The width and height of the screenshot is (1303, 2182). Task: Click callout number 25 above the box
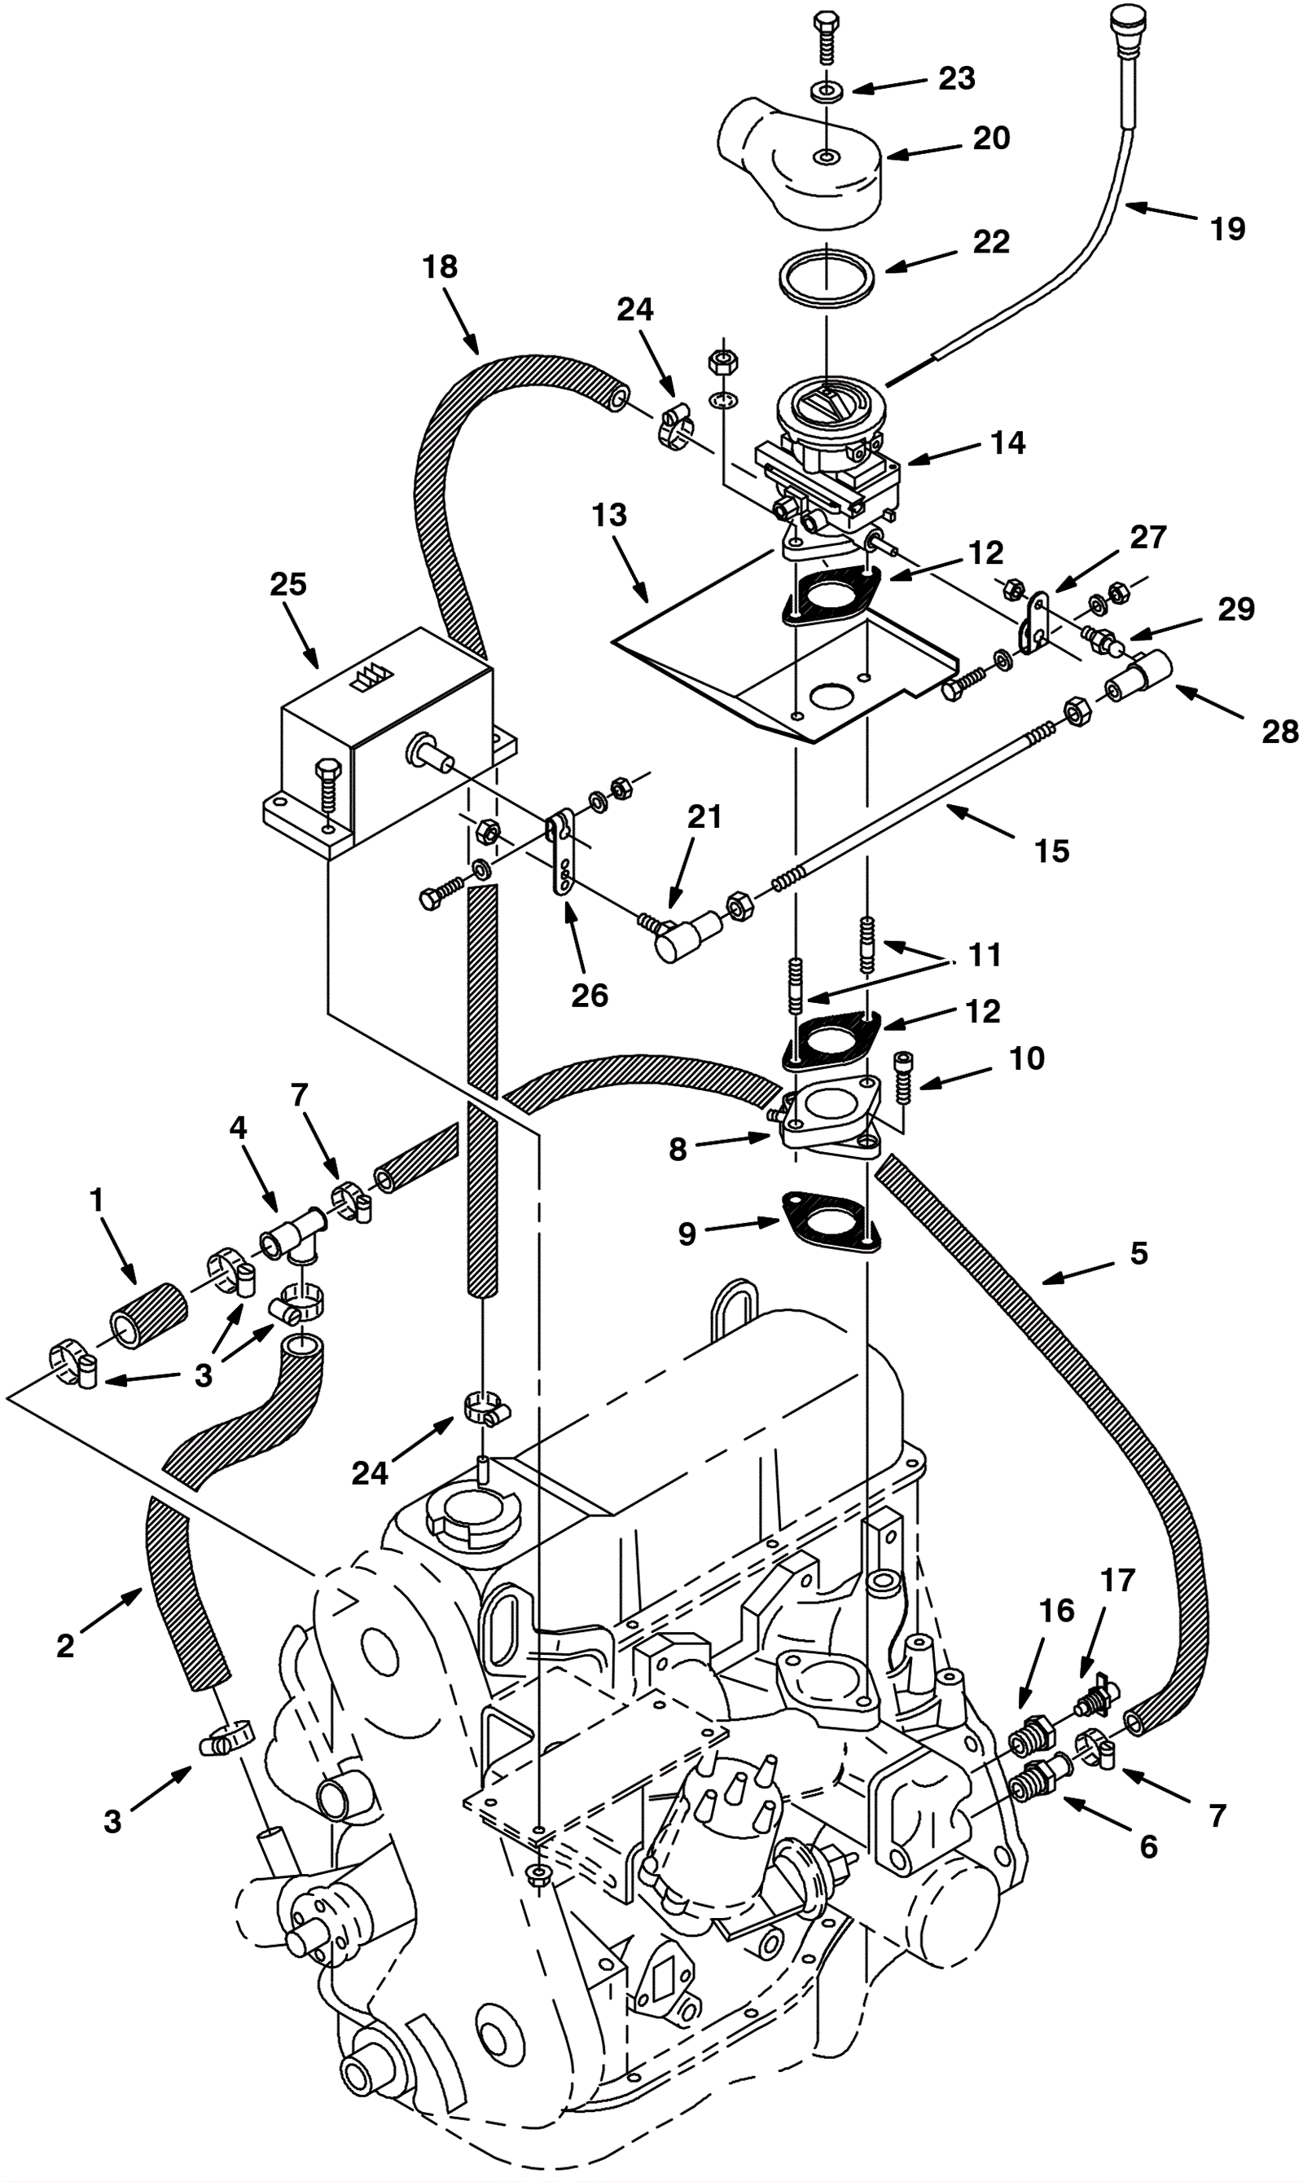[x=288, y=584]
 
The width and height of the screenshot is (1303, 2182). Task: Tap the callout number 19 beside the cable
[x=1227, y=229]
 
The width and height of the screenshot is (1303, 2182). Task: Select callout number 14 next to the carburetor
[x=1008, y=442]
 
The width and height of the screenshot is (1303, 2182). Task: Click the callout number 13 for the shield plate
[x=609, y=515]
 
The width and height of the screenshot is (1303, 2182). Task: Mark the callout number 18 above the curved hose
[x=440, y=267]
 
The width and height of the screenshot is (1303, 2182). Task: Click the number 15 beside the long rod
[x=1052, y=851]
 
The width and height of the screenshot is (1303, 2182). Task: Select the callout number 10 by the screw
[x=1026, y=1058]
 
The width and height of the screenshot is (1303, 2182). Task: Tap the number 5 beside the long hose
[x=1138, y=1253]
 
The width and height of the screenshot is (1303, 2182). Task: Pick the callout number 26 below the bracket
[x=589, y=995]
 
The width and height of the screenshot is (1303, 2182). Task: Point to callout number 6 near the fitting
[x=1148, y=1847]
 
